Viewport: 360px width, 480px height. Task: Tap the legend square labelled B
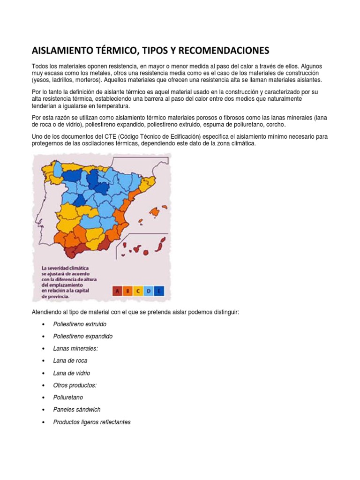point(128,291)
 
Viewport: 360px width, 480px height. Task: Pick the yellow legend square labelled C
point(139,291)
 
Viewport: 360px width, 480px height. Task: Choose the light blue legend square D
point(150,291)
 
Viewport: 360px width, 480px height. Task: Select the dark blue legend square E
point(160,291)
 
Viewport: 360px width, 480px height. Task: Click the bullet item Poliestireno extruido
point(80,324)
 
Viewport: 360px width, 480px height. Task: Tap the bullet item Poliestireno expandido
point(83,337)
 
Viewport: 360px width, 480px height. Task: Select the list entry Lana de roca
point(70,361)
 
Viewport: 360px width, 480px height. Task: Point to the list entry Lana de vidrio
point(72,373)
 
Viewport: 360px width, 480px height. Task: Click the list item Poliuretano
point(68,397)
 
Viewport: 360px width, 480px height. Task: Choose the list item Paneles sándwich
point(77,410)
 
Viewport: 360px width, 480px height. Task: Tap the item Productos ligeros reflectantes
point(92,422)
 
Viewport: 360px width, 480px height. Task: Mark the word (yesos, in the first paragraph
point(43,80)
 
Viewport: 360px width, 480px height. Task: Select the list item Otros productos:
point(75,385)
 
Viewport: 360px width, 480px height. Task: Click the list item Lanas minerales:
point(75,349)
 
